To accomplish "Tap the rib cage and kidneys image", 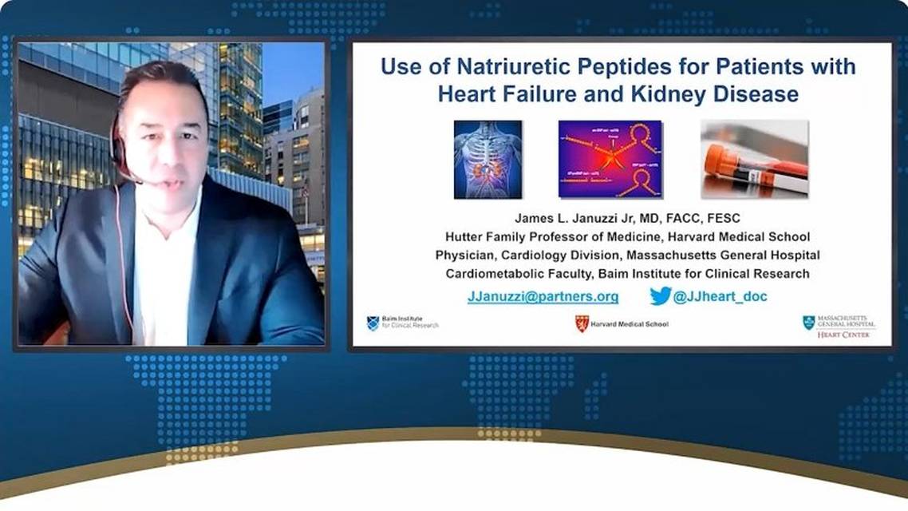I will tap(488, 159).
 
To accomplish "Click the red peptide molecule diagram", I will tap(610, 159).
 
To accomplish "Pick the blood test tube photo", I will tap(754, 159).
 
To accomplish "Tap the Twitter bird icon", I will tap(660, 296).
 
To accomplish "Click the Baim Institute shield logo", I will tap(373, 323).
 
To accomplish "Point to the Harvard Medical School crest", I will tap(582, 323).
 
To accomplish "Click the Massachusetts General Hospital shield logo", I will tap(808, 323).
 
